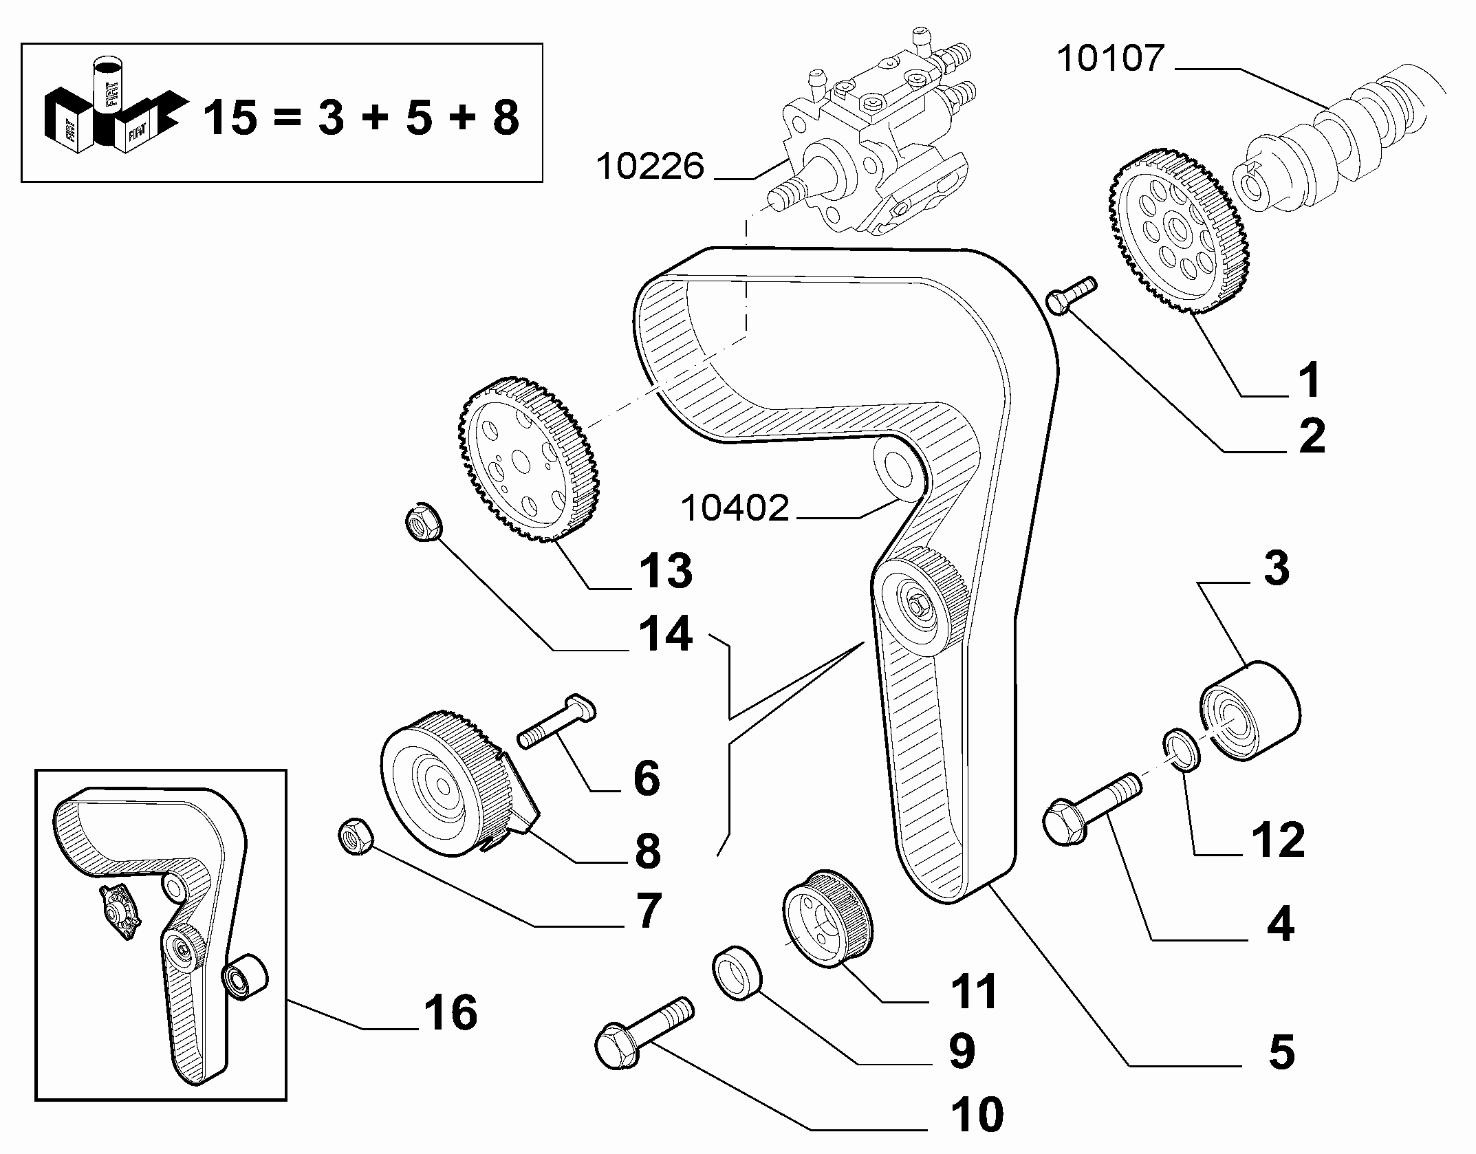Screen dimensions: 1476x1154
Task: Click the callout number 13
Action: coord(666,571)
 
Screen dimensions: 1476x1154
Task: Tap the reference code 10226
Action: coord(650,166)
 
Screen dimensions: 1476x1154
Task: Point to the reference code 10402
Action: coord(735,508)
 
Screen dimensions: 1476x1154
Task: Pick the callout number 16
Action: coord(451,1013)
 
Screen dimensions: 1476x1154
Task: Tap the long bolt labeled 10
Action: coord(644,1043)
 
